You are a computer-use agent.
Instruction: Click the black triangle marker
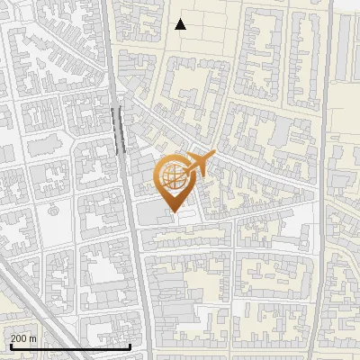tap(181, 24)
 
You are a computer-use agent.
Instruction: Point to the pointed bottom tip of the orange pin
tap(174, 211)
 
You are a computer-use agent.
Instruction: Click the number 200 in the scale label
tap(19, 338)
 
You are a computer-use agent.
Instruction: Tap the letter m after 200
tap(33, 338)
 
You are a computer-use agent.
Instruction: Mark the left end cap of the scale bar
tap(10, 346)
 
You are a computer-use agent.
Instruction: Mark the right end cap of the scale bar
tap(130, 346)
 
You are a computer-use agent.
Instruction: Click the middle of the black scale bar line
tap(70, 346)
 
